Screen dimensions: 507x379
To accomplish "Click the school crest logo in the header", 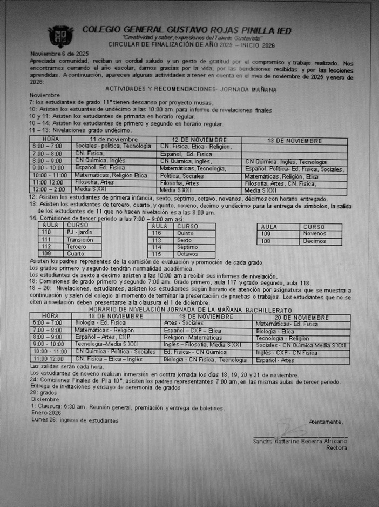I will (x=60, y=36).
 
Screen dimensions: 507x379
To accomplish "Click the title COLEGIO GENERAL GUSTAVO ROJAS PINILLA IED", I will (x=187, y=30).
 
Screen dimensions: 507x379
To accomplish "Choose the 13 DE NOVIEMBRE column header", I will (x=294, y=141).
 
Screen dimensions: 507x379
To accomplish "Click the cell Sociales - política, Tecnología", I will (x=114, y=147).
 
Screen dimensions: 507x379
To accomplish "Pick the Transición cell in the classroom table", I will (x=80, y=240).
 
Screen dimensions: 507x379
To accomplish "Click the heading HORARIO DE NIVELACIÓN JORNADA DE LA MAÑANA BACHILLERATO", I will (x=192, y=310).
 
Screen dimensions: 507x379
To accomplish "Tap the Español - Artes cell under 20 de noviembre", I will (x=275, y=359).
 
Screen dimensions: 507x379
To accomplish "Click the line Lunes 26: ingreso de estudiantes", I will (x=75, y=419).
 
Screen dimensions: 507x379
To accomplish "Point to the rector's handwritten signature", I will (x=285, y=429).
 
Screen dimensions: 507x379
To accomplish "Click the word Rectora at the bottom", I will (x=336, y=447).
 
